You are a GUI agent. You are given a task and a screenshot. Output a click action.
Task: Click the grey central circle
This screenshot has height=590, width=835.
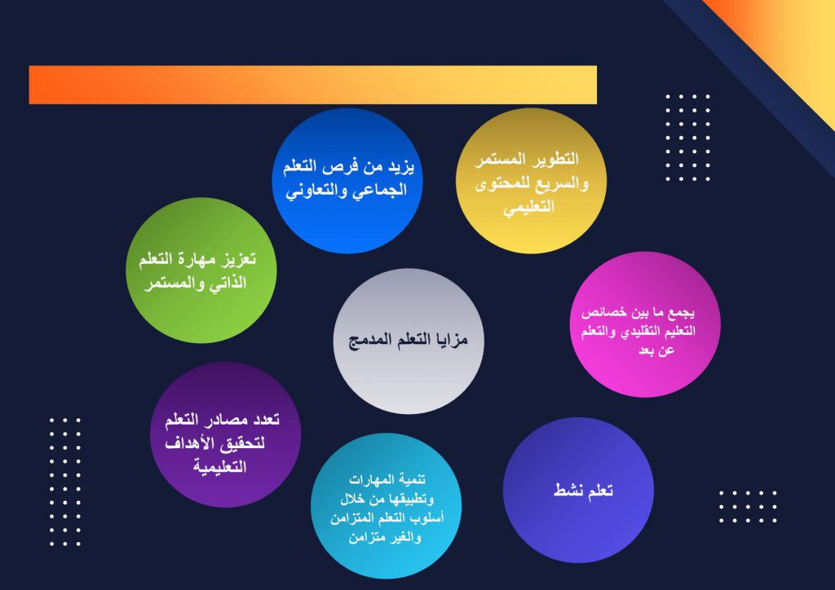point(409,341)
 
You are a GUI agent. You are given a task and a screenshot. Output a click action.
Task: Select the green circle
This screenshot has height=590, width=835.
point(201,271)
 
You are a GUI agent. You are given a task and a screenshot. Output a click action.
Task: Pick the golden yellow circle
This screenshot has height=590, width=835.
point(531,181)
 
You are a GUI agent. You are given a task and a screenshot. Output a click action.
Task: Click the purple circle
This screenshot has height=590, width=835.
point(226,434)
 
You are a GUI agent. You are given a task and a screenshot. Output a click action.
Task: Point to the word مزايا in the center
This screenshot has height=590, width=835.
point(451,340)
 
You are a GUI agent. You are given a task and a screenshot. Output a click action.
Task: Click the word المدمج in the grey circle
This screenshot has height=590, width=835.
point(369,340)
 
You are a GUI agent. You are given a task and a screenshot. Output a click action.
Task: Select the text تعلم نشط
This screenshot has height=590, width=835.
point(583,490)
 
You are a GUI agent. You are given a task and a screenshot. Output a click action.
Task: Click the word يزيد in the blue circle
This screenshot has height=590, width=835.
point(400,167)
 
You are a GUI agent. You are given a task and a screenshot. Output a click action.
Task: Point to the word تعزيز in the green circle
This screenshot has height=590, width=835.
point(238,258)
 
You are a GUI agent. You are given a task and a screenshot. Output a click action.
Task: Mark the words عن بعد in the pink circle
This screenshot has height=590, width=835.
point(656,350)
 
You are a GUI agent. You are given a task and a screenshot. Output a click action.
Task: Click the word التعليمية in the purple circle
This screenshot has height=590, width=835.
point(219,467)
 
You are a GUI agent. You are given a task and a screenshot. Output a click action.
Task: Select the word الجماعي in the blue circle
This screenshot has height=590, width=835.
point(381,190)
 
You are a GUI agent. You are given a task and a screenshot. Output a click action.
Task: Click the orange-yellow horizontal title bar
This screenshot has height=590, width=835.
point(312,85)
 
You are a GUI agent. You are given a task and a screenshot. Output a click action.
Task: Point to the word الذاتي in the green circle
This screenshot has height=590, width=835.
point(228,283)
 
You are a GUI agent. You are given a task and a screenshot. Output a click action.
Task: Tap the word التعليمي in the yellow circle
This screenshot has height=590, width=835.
point(528,207)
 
